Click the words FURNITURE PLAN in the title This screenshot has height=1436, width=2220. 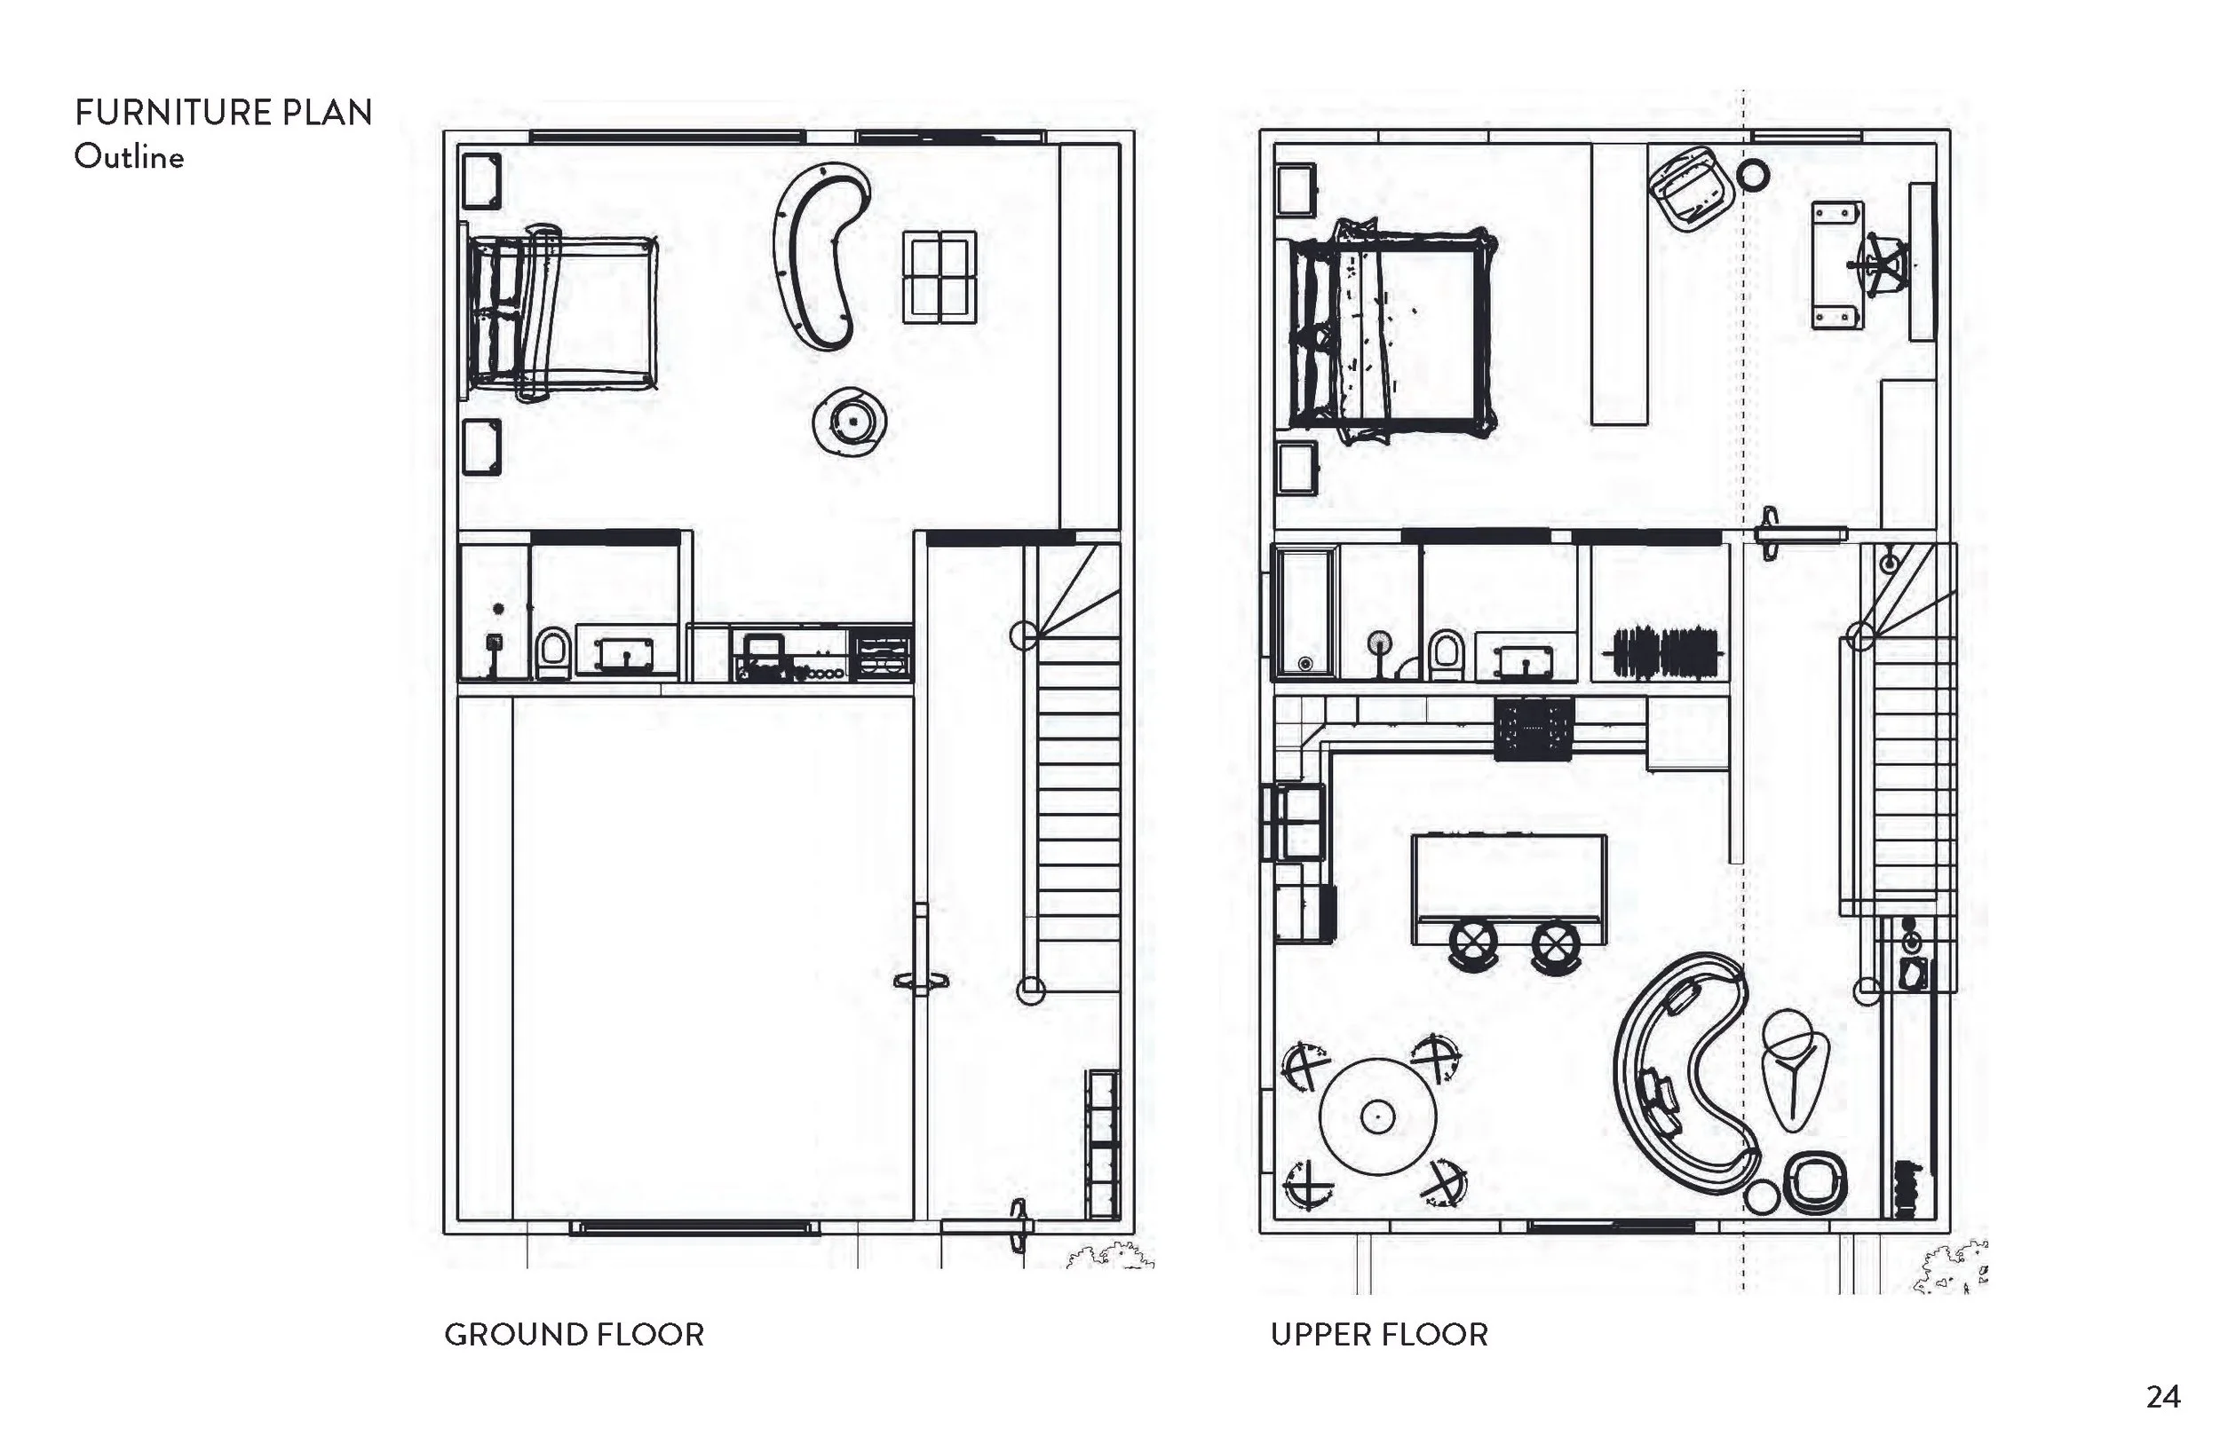coord(224,113)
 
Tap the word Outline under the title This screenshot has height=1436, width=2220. coord(129,157)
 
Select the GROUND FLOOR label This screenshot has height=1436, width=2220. coord(574,1334)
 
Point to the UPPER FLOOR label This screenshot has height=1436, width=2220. coord(1379,1334)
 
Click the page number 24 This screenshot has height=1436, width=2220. coord(2163,1397)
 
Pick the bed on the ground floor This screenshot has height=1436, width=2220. coord(559,312)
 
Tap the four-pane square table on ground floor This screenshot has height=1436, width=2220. coord(940,277)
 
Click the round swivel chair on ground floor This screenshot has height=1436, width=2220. coord(849,422)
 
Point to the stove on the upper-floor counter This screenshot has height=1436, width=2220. coord(1534,729)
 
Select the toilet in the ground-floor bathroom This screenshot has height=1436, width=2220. coord(553,652)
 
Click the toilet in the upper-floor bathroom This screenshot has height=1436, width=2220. coord(1446,656)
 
